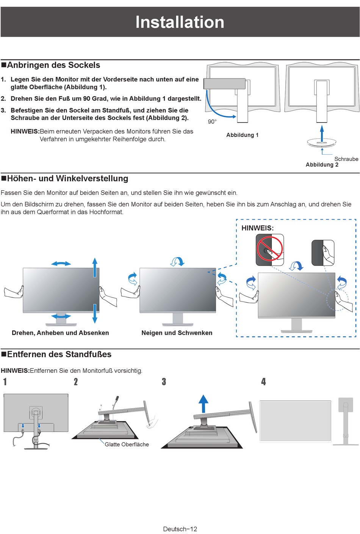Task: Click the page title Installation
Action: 180,22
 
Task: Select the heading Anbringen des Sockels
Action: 53,65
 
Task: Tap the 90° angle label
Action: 212,122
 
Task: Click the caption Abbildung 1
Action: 242,135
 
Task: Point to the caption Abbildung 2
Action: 322,165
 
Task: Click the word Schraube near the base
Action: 346,159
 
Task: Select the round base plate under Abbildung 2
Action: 322,143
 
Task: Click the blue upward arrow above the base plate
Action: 322,133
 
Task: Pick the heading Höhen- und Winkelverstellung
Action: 67,179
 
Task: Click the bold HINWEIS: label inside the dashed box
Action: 257,228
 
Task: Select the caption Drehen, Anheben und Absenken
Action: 60,333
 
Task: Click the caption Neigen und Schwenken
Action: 177,333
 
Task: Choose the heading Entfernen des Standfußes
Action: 59,354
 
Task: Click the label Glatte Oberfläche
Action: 127,444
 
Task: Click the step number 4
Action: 263,382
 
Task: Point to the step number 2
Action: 76,382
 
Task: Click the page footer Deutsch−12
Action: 180,529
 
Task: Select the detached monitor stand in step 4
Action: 346,421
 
